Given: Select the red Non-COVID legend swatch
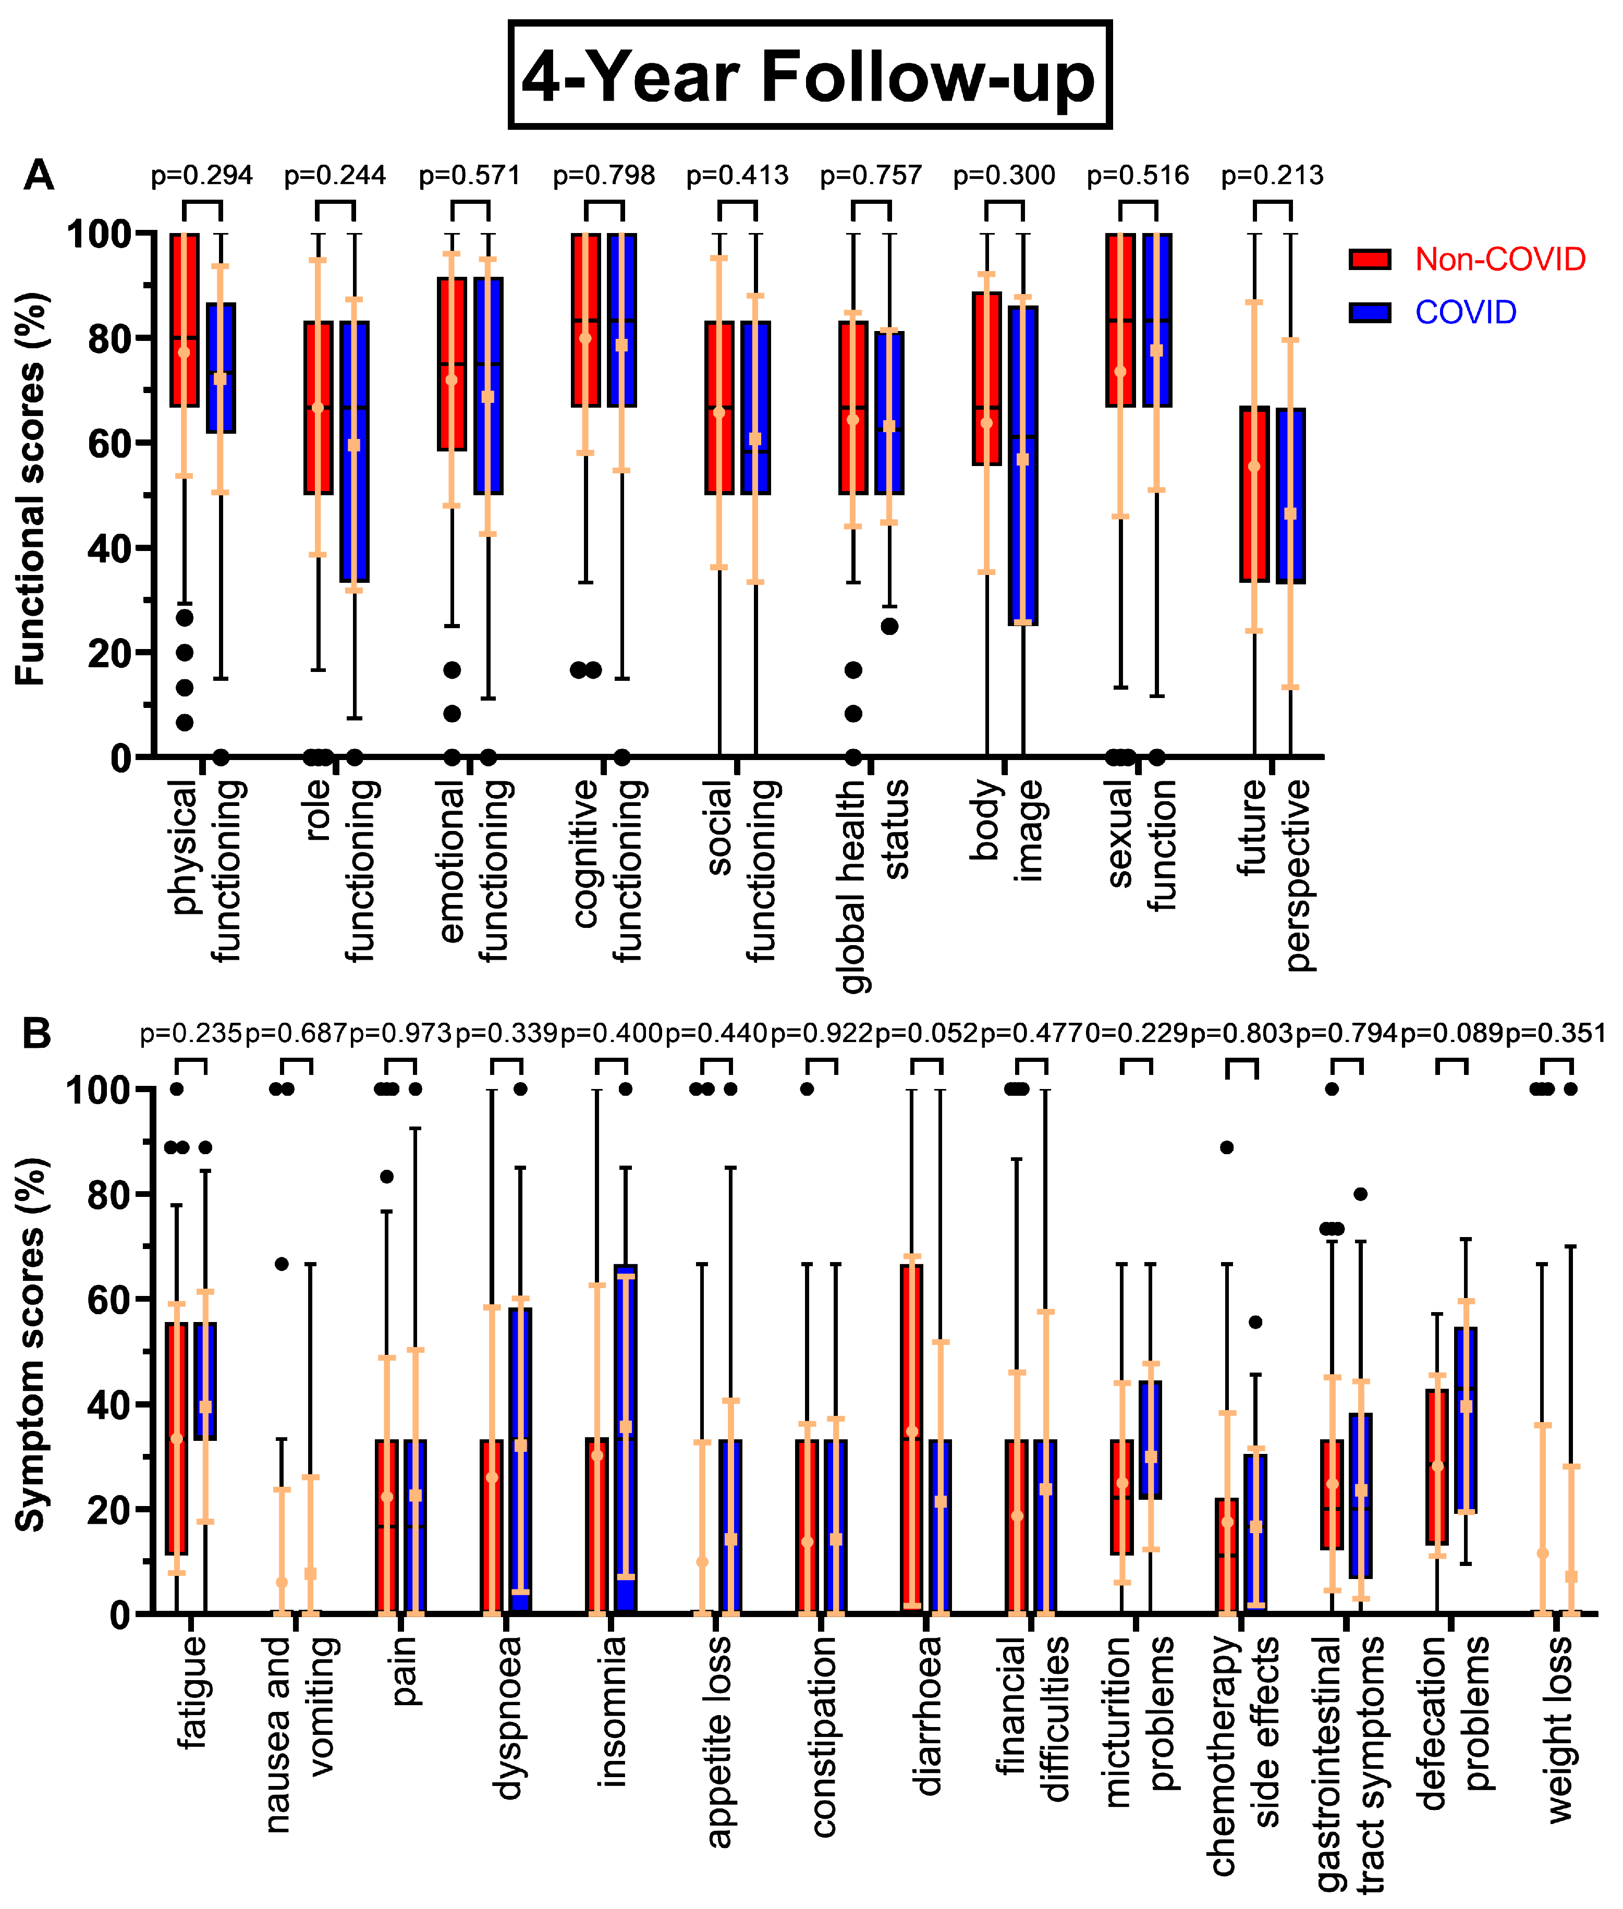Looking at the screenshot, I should coord(1369,260).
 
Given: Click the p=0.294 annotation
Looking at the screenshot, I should coord(201,175).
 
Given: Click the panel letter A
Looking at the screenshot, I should coord(39,175).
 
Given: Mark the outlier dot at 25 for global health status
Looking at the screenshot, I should coord(890,627).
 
